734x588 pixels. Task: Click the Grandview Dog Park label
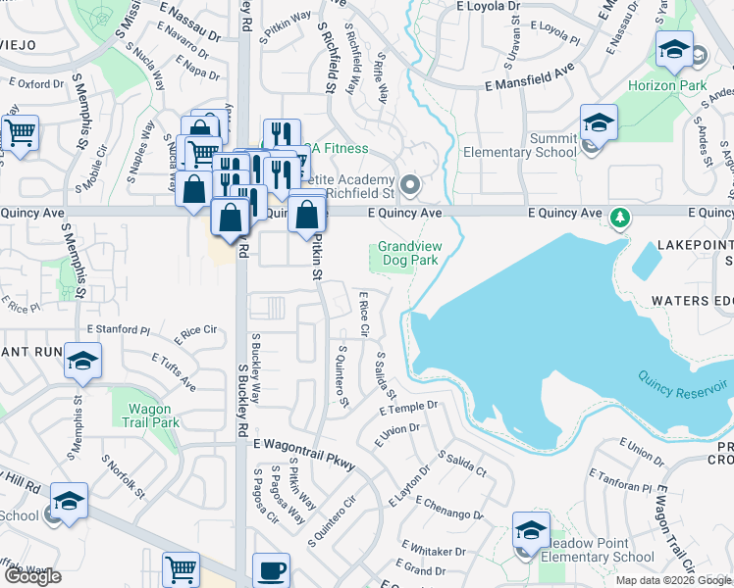point(408,254)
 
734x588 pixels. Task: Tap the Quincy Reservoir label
point(680,384)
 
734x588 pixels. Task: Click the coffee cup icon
point(271,570)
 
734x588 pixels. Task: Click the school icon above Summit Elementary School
point(599,122)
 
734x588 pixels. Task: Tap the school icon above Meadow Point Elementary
point(531,530)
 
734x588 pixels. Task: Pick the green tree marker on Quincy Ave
point(620,215)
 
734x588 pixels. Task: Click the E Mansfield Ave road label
point(529,79)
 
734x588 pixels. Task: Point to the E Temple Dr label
point(406,407)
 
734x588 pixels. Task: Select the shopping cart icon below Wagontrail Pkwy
point(182,569)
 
